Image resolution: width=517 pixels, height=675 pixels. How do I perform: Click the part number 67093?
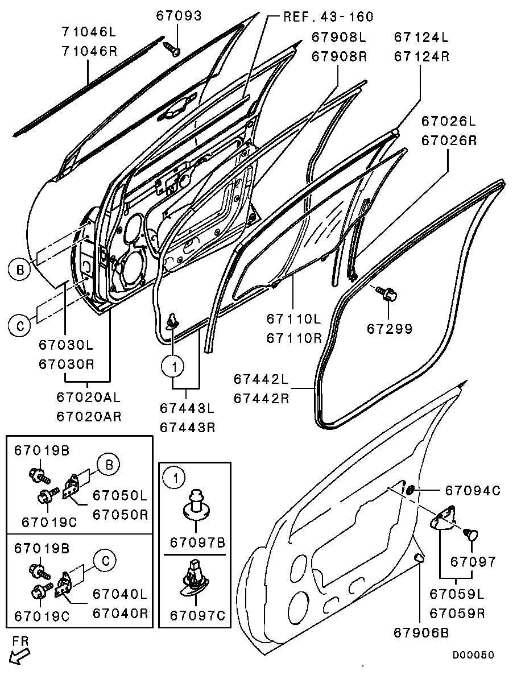pos(179,15)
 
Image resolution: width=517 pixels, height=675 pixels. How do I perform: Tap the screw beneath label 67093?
pos(172,48)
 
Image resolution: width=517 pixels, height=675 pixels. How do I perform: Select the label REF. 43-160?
pos(328,17)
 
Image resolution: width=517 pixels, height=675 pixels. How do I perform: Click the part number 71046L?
pos(89,32)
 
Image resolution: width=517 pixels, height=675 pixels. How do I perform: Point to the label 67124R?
pos(421,56)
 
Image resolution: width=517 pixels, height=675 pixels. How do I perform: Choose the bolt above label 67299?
pos(386,293)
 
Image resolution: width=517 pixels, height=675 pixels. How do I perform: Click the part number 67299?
pos(390,329)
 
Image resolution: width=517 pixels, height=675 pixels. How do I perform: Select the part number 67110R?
pos(294,338)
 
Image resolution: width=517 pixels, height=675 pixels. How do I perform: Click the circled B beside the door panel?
pos(20,270)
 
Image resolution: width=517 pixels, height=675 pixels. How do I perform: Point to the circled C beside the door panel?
pos(20,325)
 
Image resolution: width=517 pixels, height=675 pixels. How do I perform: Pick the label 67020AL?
pos(89,397)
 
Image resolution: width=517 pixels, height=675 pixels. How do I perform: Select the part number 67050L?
pos(120,495)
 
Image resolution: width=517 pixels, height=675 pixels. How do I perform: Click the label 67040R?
pos(120,612)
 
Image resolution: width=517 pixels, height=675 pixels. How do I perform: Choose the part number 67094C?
pos(473,490)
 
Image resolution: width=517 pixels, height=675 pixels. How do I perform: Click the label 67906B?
pos(421,632)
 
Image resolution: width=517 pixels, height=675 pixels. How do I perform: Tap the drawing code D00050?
pos(473,655)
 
